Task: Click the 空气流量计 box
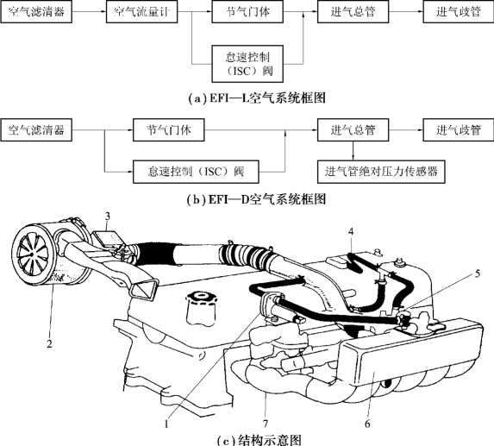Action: pos(141,12)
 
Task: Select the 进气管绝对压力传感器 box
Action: pos(381,172)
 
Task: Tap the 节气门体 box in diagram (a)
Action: pos(247,12)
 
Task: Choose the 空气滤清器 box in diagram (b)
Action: pos(36,130)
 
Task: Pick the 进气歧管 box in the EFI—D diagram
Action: pos(459,130)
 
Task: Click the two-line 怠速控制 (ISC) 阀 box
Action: pos(247,64)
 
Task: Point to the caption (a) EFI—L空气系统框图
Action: pos(257,98)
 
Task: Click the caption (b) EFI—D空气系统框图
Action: pos(256,199)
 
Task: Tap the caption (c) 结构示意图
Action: pos(260,440)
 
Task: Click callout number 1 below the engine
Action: pos(166,424)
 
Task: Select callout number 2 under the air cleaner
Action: pos(49,344)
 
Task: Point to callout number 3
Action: pos(108,217)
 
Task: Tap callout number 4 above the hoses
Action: pos(351,232)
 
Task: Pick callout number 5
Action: pos(478,274)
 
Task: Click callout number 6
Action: pos(367,424)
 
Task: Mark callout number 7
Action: pos(266,424)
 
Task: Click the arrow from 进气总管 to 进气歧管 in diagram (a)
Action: pos(406,12)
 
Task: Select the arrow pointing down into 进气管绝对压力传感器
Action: pos(353,151)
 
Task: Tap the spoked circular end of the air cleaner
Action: pos(32,254)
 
